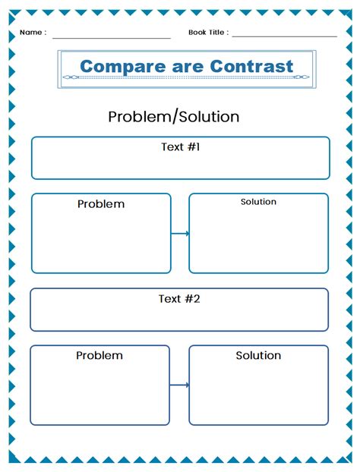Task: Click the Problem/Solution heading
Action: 173,116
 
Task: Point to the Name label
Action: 32,33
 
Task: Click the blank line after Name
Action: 112,36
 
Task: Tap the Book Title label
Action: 207,33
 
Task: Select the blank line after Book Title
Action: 285,36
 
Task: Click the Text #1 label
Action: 180,146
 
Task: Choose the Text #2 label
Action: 179,298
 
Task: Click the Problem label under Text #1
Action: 101,204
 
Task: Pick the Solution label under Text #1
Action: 258,202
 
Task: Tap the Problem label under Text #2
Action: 99,355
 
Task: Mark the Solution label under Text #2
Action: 258,355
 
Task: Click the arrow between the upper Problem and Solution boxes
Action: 180,233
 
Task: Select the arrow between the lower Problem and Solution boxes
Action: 179,385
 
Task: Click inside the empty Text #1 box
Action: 180,165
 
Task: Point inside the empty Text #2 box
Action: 179,317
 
